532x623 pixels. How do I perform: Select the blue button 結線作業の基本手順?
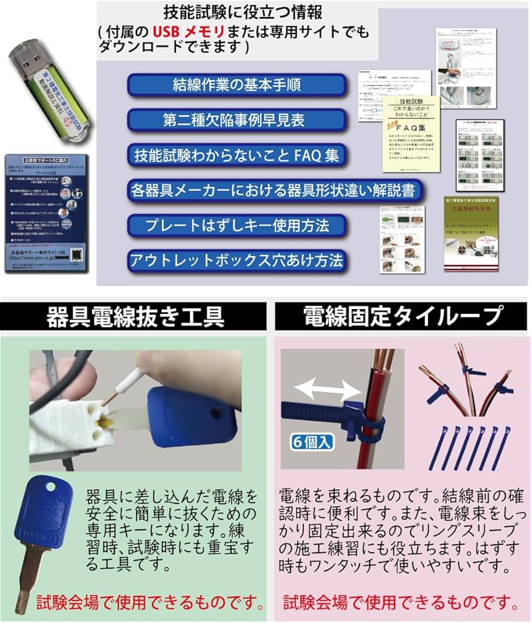236,85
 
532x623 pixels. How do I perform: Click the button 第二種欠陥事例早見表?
236,120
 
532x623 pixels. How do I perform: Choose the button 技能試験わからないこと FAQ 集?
236,155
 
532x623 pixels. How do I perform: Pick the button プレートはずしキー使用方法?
236,225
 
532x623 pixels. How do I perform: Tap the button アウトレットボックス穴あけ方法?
236,260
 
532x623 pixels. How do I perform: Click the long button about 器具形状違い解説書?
272,190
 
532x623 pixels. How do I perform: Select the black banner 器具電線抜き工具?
135,316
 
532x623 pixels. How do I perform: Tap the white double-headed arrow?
328,390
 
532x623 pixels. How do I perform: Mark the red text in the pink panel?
401,603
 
